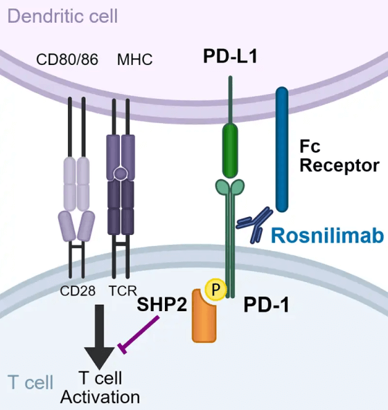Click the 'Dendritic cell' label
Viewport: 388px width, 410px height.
pos(60,15)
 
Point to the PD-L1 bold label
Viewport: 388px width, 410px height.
pos(231,57)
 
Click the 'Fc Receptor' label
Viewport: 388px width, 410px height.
pos(339,156)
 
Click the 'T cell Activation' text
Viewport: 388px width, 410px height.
pos(100,387)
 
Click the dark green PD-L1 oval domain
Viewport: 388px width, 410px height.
pos(231,149)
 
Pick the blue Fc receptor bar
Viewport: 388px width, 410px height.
pos(283,149)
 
